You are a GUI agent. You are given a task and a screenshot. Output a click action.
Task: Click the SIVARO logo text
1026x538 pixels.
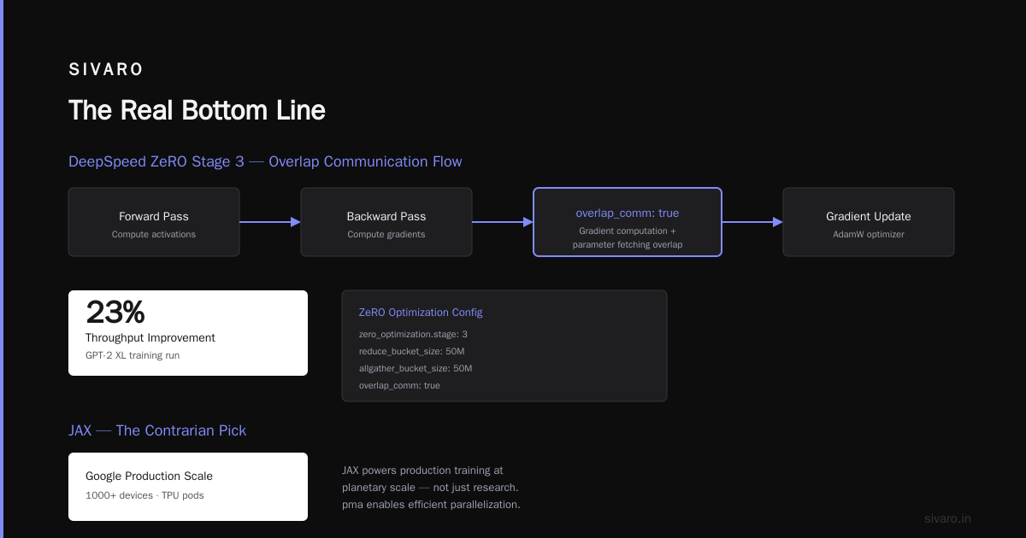[x=105, y=69]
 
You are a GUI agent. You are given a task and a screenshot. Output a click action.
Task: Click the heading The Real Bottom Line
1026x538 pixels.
[x=197, y=110]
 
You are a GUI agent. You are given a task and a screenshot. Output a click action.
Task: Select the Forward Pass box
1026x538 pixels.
[x=154, y=222]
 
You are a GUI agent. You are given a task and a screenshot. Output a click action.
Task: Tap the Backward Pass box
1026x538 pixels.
[x=386, y=222]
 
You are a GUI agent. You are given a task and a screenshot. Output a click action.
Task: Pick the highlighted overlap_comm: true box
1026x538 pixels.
[x=628, y=222]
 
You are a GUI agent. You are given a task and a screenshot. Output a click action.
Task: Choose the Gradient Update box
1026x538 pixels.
[x=869, y=222]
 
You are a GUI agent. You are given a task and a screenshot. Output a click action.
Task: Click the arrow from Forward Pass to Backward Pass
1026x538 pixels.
[x=270, y=222]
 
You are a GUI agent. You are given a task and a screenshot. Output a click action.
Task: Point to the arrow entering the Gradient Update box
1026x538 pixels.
[x=752, y=222]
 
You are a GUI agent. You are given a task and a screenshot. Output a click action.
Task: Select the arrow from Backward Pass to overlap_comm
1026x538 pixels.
[x=503, y=222]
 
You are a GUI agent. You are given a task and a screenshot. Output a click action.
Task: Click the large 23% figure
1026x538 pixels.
[x=115, y=312]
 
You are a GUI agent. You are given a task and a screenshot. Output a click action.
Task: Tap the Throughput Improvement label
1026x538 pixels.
[x=150, y=337]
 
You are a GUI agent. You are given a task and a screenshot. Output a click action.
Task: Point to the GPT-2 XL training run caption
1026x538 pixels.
[x=133, y=355]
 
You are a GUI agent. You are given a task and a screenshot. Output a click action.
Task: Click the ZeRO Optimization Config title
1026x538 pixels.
[x=421, y=313]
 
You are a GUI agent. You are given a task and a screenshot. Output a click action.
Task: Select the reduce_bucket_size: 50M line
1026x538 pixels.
[x=412, y=351]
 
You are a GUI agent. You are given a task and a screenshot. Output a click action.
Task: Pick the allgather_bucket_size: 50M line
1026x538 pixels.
[x=416, y=368]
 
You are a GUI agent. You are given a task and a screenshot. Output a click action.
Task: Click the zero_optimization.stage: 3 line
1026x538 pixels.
[x=413, y=335]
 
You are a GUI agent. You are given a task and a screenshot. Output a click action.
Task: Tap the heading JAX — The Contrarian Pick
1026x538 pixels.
[x=157, y=430]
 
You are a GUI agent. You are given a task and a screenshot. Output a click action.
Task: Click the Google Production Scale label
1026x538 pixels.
[x=149, y=476]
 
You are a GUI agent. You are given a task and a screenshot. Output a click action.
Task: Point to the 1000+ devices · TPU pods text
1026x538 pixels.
[x=144, y=495]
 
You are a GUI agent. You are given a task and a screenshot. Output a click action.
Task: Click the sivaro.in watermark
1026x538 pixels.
[x=947, y=518]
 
